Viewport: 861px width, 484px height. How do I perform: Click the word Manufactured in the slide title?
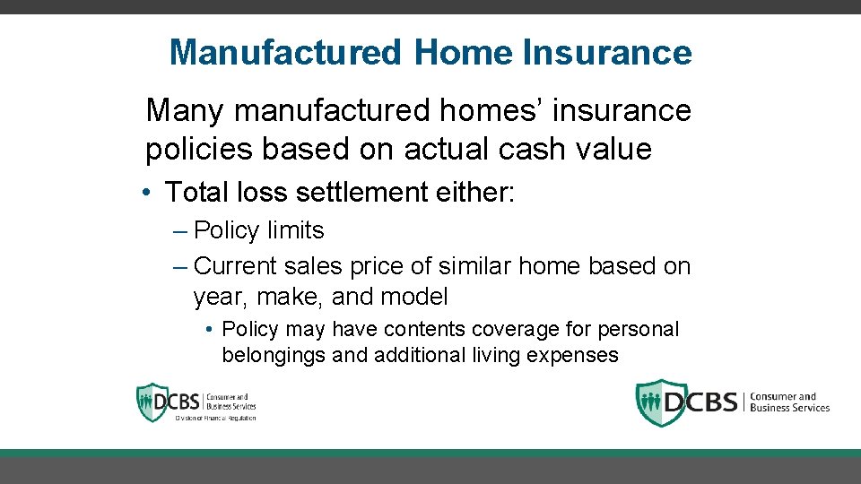(x=286, y=52)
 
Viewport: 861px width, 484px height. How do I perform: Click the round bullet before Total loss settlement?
(x=152, y=192)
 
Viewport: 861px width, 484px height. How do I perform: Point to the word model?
(x=414, y=296)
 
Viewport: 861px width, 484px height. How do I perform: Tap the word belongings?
(x=274, y=355)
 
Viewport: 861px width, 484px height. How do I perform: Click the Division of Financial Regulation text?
(x=215, y=418)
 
